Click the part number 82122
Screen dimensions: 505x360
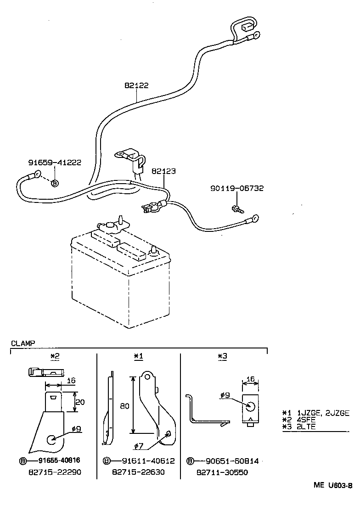coord(136,85)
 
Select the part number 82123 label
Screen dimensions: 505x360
coord(163,171)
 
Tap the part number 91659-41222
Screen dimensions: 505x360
coord(55,163)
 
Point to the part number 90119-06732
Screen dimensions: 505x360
coord(237,188)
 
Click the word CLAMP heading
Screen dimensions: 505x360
coord(22,343)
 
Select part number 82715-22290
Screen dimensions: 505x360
coord(55,472)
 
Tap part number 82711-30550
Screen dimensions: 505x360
coord(222,472)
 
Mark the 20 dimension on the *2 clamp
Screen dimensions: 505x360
coord(80,402)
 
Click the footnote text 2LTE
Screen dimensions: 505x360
coord(306,427)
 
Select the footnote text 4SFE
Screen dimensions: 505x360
coord(307,420)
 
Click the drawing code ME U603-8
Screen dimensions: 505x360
coord(333,486)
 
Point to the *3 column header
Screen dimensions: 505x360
coord(222,356)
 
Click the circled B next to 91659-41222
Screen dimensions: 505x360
coord(55,183)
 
